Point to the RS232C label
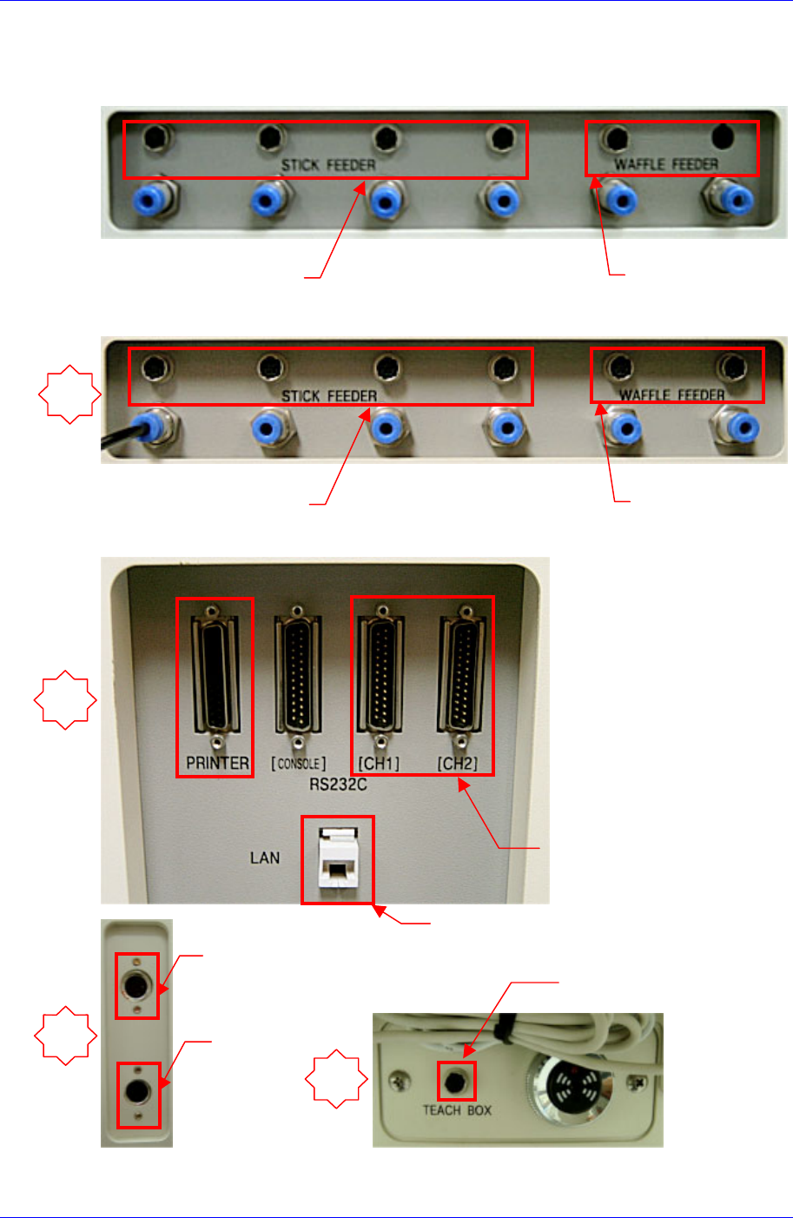[x=338, y=784]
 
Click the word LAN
[x=265, y=858]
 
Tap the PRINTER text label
[x=217, y=764]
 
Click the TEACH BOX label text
[x=457, y=1110]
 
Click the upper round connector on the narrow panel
[x=137, y=986]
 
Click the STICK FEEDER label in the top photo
[x=328, y=165]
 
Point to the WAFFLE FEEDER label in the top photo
[x=667, y=164]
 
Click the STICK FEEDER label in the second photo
[x=329, y=396]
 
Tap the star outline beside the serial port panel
[x=65, y=699]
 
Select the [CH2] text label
[x=458, y=764]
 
